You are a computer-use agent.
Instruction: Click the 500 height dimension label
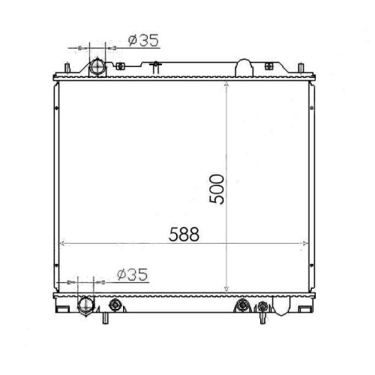217,189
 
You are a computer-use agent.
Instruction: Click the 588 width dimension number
184,234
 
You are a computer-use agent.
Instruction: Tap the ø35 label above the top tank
143,40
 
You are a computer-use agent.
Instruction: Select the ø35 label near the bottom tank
133,274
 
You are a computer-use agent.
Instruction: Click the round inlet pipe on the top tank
97,67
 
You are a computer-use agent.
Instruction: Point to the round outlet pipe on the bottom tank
86,306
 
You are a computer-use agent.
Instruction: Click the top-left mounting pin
67,67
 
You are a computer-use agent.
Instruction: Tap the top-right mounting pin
301,68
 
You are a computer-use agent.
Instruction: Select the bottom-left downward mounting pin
106,318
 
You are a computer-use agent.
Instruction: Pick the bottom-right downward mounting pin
262,318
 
